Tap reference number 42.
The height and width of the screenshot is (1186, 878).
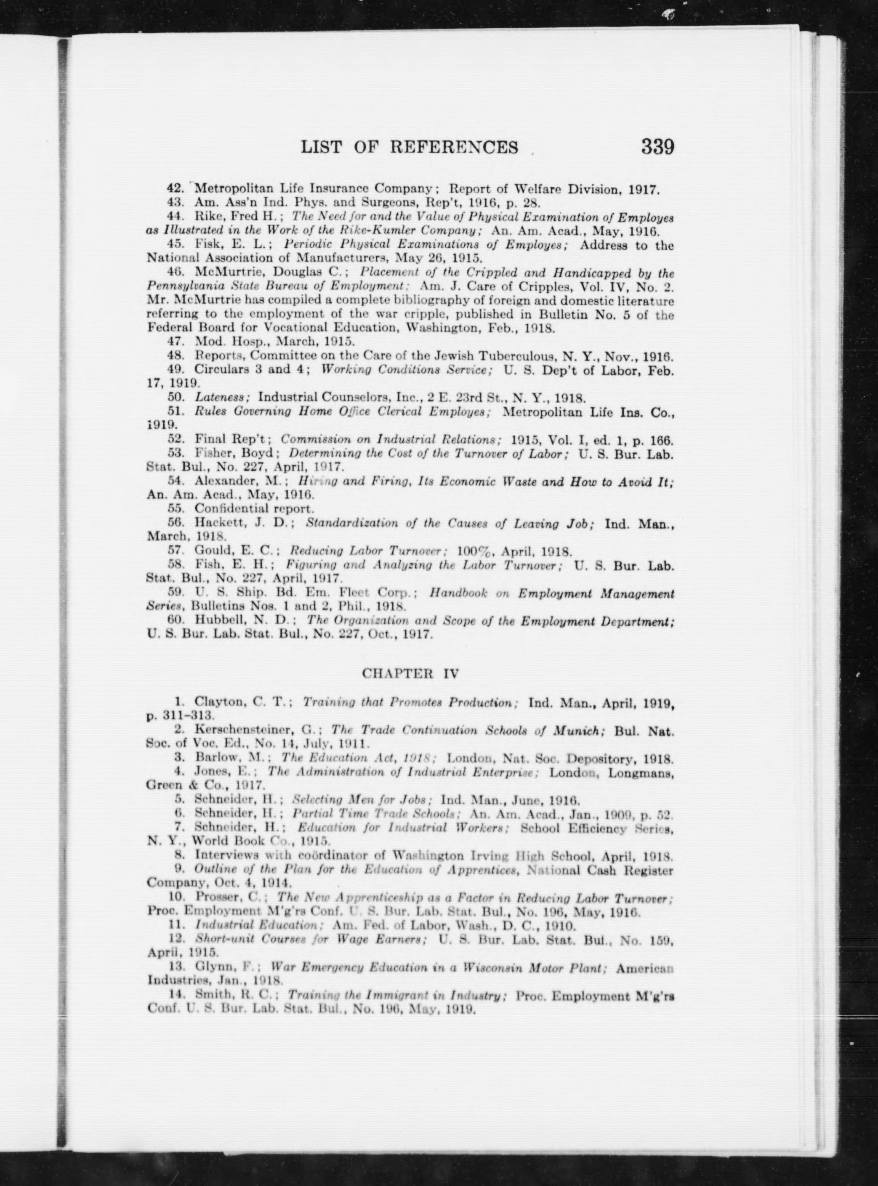[x=176, y=188]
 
